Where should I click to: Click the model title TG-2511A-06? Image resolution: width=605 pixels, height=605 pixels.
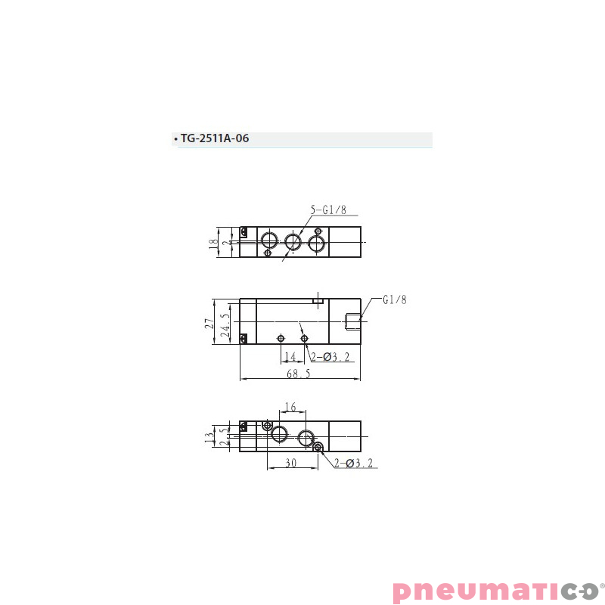(214, 139)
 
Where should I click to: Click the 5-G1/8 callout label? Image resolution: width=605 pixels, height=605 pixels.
(327, 211)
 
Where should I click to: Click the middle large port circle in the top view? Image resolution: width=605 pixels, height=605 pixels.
(293, 242)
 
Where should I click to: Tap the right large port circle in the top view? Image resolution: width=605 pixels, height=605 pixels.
(315, 242)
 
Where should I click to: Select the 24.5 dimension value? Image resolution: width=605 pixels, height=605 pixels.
(224, 325)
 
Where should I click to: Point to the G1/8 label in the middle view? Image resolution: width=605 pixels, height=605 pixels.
(394, 300)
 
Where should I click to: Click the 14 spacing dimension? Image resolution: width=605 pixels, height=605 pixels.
(291, 357)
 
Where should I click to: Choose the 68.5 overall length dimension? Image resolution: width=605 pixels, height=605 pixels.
(299, 374)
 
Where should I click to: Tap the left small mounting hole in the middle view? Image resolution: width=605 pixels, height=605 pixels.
(281, 337)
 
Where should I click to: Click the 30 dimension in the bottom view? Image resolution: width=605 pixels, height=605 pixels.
(290, 463)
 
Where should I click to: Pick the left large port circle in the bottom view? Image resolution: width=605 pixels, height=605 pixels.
(280, 435)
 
